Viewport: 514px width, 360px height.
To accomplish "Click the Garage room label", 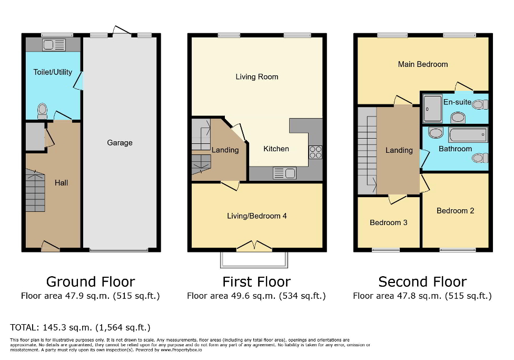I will tap(120, 143).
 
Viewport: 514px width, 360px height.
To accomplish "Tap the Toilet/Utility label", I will tap(53, 72).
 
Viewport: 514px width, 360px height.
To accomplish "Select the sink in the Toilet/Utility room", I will tap(53, 44).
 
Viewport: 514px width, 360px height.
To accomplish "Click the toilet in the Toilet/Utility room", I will tap(43, 110).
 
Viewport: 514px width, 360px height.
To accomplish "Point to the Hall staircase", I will tap(35, 192).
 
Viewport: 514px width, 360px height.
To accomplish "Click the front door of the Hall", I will tap(50, 246).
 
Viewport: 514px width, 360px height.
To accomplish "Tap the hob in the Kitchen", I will tap(315, 152).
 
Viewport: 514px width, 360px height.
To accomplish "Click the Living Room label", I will tap(256, 77).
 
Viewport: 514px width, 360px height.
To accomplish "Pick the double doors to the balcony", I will tap(254, 246).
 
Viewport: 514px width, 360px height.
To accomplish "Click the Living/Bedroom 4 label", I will tap(256, 216).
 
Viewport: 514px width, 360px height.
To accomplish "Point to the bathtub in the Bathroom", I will tap(468, 135).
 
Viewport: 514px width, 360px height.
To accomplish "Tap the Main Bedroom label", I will tap(423, 64).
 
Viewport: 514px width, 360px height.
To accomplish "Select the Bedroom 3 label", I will tap(388, 222).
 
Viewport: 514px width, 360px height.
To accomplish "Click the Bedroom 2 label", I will tap(455, 211).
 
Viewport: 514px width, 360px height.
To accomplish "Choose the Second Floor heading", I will tap(422, 281).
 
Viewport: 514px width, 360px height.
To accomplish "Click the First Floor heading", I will tap(256, 281).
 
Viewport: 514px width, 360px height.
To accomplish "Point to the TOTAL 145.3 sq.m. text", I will tap(80, 328).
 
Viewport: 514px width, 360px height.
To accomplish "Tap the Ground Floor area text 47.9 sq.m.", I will tap(90, 296).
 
